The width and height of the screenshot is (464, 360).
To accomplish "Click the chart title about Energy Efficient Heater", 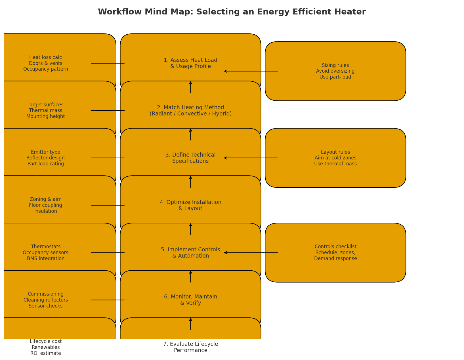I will coord(232,12).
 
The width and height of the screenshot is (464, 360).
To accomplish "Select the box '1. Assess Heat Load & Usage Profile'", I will coord(190,63).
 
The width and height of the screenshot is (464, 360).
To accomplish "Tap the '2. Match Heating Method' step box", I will coord(190,111).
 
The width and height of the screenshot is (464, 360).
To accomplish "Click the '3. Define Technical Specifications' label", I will coord(190,158).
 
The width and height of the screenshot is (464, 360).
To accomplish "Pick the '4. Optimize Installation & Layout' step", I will coord(190,205).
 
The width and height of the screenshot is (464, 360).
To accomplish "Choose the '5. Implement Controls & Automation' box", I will coord(190,253).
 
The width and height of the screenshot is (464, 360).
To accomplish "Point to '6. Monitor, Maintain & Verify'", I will coord(190,300).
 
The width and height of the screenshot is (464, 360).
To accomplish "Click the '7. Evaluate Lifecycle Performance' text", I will coord(190,347).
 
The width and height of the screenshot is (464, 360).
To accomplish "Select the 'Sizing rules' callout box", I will coord(335,71).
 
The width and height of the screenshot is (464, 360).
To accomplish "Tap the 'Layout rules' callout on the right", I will coord(335,158).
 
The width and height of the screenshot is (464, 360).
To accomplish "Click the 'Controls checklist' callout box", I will coord(335,253).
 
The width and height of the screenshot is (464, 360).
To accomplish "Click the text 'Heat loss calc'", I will coord(45,58).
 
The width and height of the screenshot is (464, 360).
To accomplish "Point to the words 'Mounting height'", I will coord(45,117).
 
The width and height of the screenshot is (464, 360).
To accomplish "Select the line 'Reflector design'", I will coord(45,158).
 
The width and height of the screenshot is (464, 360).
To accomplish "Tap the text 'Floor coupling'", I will coord(45,205).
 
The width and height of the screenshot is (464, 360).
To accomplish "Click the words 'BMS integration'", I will coord(45,259).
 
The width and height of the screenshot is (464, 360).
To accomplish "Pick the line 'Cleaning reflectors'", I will coord(45,300).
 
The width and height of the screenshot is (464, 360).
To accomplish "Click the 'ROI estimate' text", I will coord(45,353).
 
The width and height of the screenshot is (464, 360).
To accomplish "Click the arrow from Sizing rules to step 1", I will coord(251,71).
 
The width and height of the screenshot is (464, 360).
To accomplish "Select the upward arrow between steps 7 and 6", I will coord(190,324).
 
